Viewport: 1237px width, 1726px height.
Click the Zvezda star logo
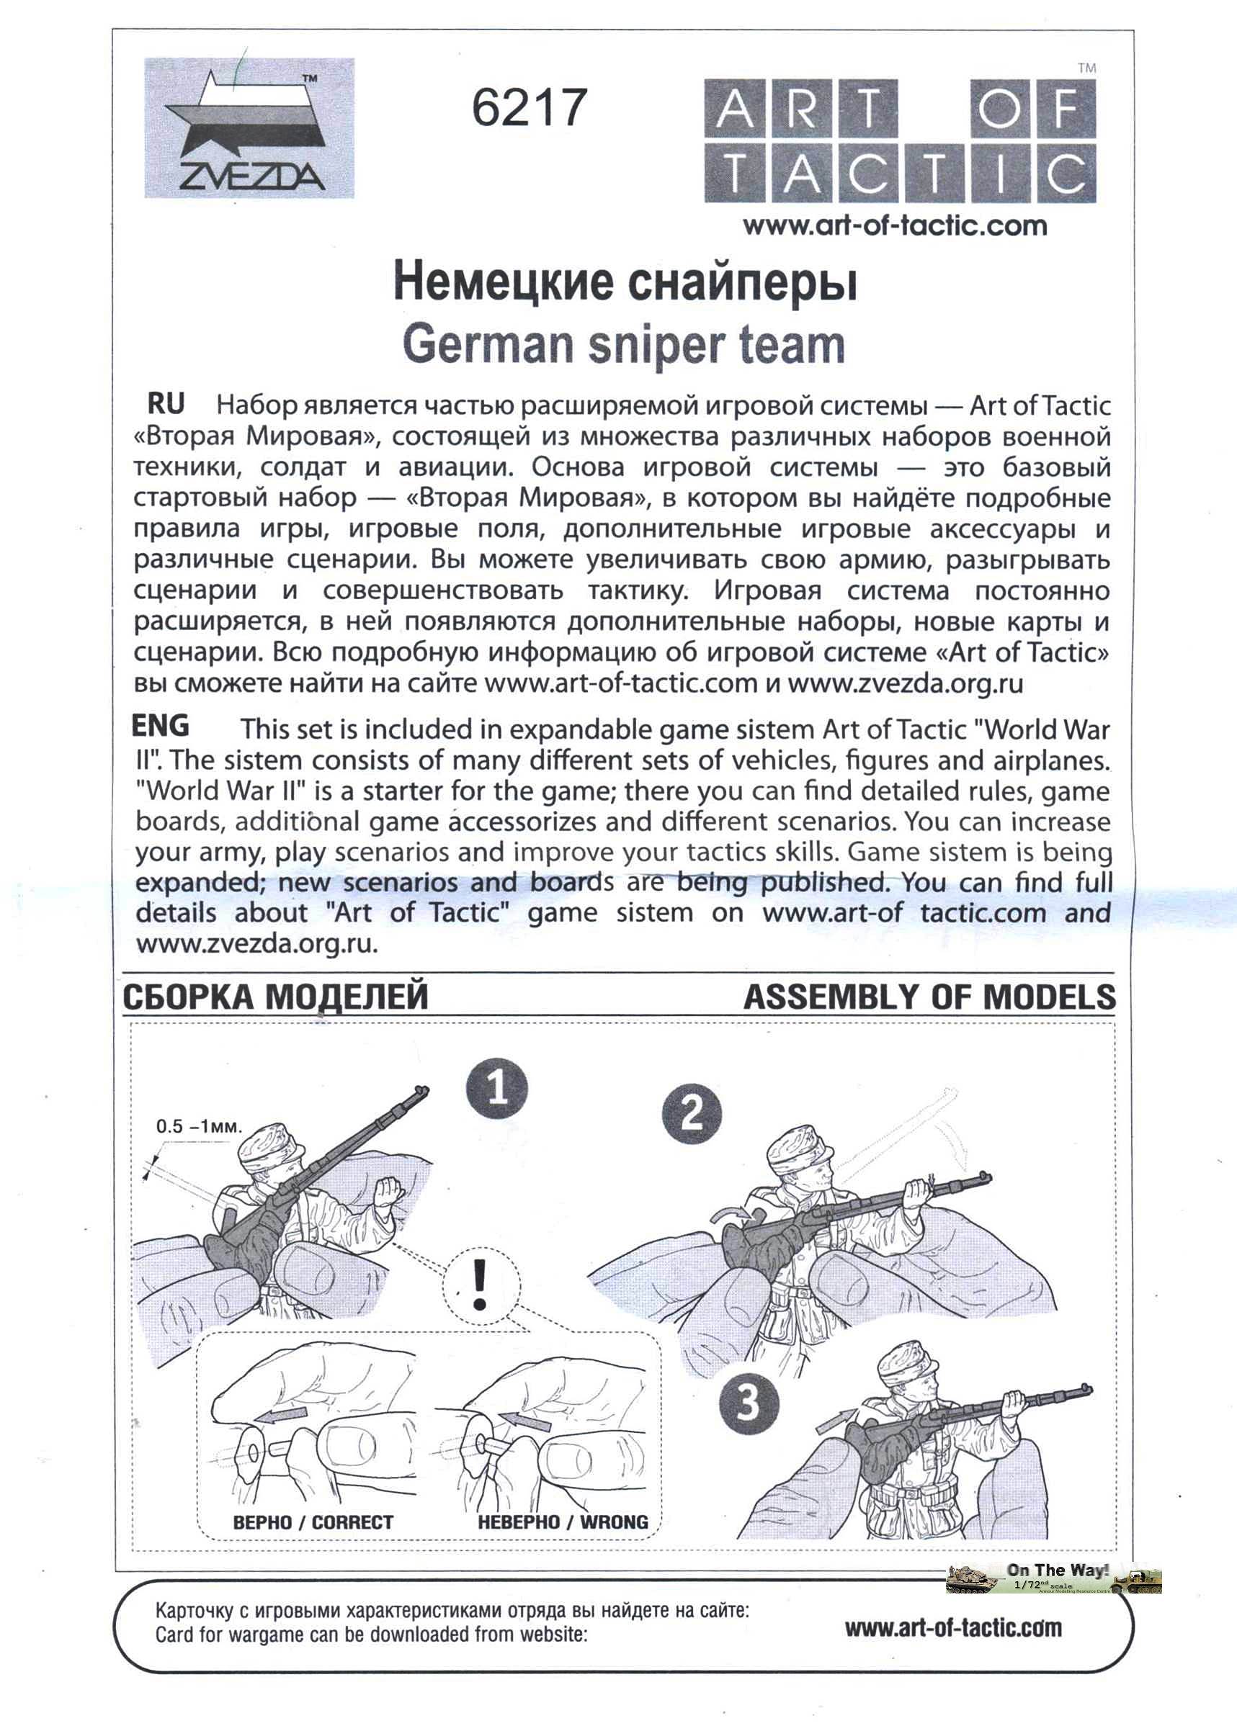coord(249,128)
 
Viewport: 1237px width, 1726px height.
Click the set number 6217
coord(529,107)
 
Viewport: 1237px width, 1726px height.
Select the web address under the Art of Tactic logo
coord(895,225)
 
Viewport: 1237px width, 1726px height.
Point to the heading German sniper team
coord(623,345)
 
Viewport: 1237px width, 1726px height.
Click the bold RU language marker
coord(166,403)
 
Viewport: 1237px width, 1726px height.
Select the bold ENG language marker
coord(160,725)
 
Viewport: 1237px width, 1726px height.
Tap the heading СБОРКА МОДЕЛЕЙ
coord(274,998)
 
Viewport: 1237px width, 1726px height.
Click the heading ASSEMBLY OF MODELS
coord(929,998)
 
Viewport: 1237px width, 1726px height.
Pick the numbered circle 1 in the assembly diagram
coord(497,1089)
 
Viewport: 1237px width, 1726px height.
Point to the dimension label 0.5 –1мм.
coord(199,1126)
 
